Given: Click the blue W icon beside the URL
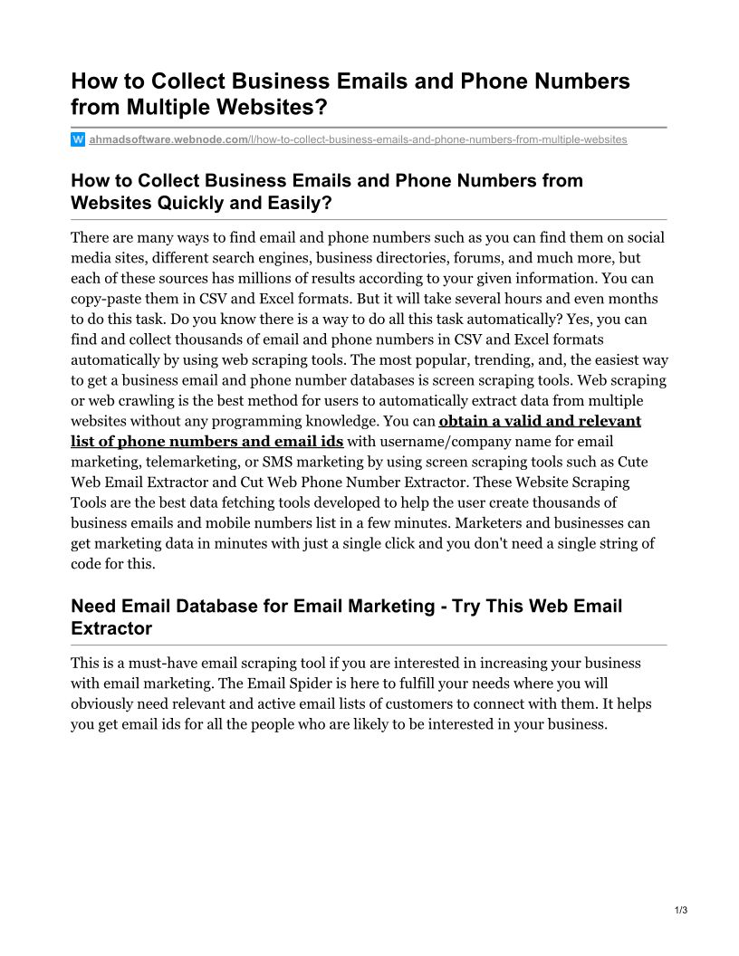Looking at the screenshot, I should (x=78, y=139).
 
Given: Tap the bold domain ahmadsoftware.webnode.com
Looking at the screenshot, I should (x=168, y=139).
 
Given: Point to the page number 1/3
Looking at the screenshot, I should (x=681, y=910).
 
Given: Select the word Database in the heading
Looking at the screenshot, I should (x=237, y=606).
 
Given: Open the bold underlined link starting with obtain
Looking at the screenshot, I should (x=539, y=421).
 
